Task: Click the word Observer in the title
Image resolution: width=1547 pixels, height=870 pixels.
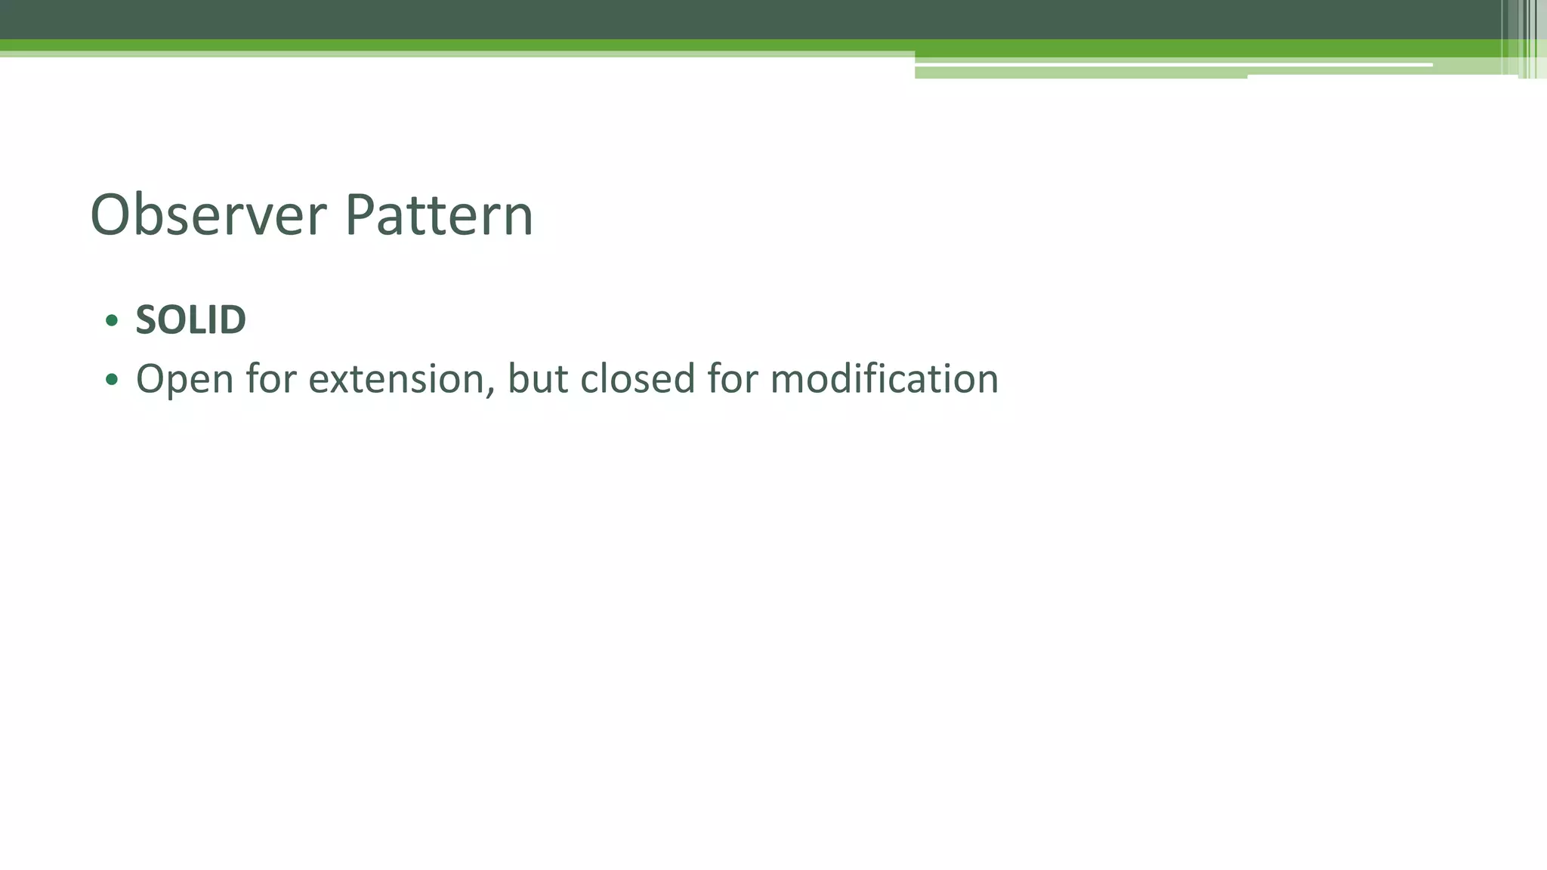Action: pos(208,215)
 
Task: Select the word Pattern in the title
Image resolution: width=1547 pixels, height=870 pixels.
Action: pos(439,215)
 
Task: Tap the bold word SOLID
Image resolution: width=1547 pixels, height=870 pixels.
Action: pos(190,320)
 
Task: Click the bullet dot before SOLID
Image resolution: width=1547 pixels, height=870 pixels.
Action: pos(112,321)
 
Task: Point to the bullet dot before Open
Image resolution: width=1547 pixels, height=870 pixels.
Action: pos(112,379)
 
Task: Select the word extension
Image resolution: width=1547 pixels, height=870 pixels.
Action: pos(396,379)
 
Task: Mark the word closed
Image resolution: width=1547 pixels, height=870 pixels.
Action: pos(637,379)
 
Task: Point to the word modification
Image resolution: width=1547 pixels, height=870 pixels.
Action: pos(884,379)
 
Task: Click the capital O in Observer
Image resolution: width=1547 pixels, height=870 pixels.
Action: pos(113,215)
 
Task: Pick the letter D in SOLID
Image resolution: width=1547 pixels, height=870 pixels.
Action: pos(233,320)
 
